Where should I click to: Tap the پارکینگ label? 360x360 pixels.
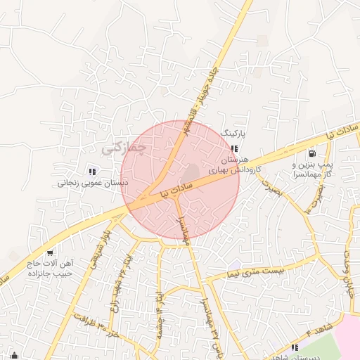pyautogui.click(x=235, y=132)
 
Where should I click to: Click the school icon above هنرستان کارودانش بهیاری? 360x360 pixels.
pyautogui.click(x=234, y=148)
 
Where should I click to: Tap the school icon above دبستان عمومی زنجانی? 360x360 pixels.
pyautogui.click(x=91, y=171)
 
